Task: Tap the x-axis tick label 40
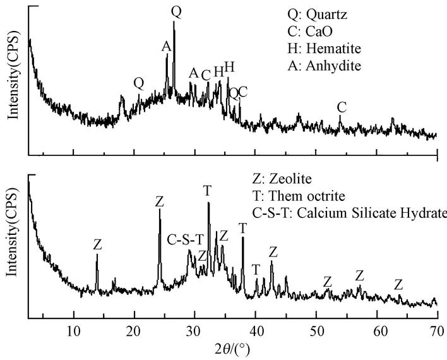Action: [x=255, y=330]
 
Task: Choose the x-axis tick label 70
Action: [x=436, y=330]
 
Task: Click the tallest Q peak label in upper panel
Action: [x=176, y=11]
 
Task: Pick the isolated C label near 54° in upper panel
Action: [x=342, y=107]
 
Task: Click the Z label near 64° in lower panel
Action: [x=398, y=285]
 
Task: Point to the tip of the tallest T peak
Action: [x=208, y=203]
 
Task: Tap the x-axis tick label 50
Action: [x=315, y=330]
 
